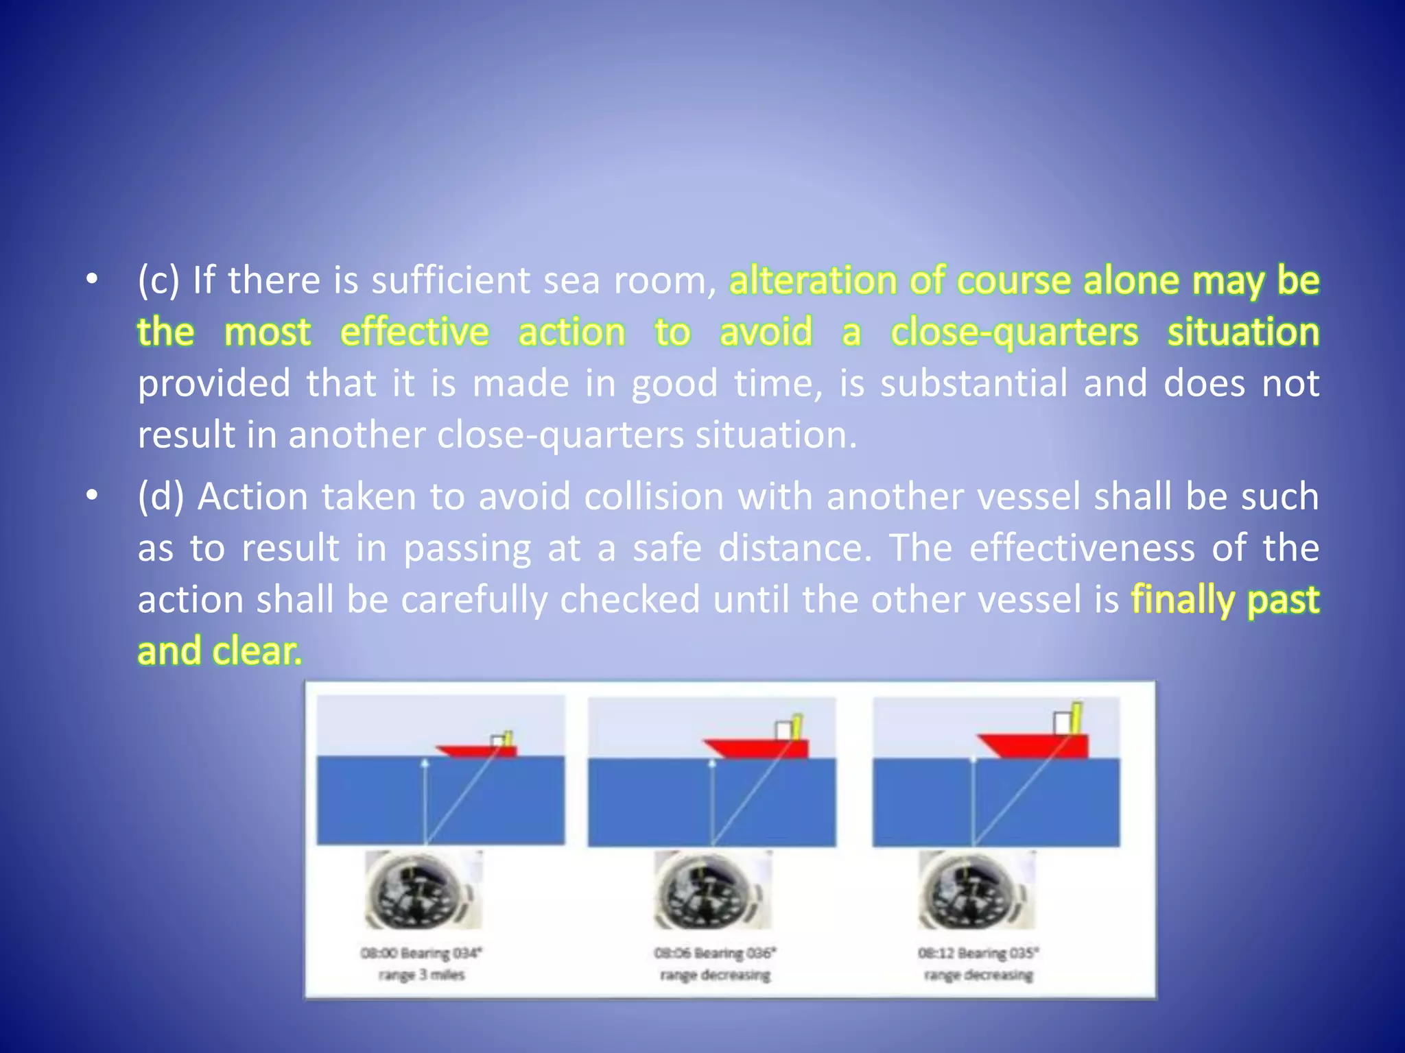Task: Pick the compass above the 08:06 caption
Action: [x=711, y=890]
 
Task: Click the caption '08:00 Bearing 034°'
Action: [x=422, y=953]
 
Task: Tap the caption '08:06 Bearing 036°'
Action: [x=715, y=953]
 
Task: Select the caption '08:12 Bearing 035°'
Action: [x=978, y=953]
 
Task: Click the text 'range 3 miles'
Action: [x=422, y=975]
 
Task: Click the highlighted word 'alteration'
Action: [x=813, y=280]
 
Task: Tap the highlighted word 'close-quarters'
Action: [x=1014, y=332]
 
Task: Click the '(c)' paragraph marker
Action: [x=158, y=280]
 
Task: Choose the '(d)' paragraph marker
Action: [x=161, y=496]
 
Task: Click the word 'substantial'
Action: [x=974, y=383]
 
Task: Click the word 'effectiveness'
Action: [x=1082, y=548]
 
